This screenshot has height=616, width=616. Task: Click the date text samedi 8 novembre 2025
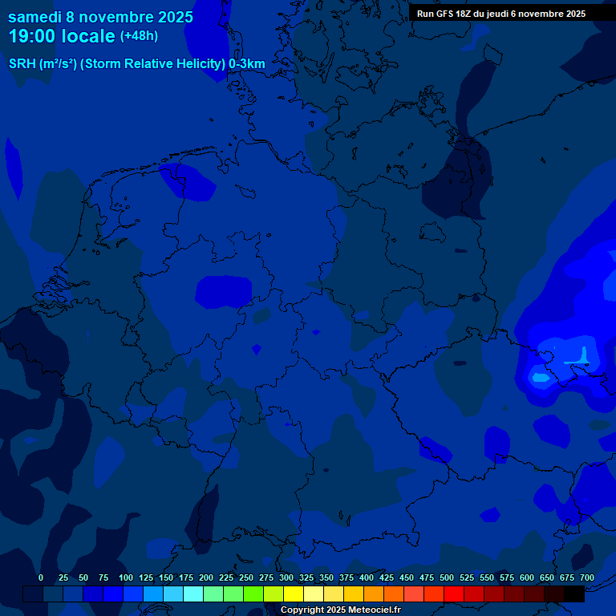point(100,16)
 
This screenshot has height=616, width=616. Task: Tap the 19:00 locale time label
point(61,36)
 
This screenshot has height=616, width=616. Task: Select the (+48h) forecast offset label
point(139,36)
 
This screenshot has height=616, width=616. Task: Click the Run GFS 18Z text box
point(501,14)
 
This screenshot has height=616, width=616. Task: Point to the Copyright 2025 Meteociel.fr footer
point(339,610)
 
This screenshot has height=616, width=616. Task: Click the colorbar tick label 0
point(41,577)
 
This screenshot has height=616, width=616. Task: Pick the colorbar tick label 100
point(126,577)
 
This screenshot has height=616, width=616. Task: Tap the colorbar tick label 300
point(286,577)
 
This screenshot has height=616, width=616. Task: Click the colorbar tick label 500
point(447,577)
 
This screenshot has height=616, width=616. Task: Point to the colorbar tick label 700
point(587,577)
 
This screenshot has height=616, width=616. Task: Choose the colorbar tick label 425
point(387,577)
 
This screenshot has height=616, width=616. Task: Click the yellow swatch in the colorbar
point(294,594)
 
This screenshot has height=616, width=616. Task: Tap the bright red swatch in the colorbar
point(454,594)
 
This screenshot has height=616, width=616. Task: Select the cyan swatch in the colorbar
point(193,594)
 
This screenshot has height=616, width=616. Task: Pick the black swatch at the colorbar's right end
point(574,594)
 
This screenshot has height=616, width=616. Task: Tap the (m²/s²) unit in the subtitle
point(58,64)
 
